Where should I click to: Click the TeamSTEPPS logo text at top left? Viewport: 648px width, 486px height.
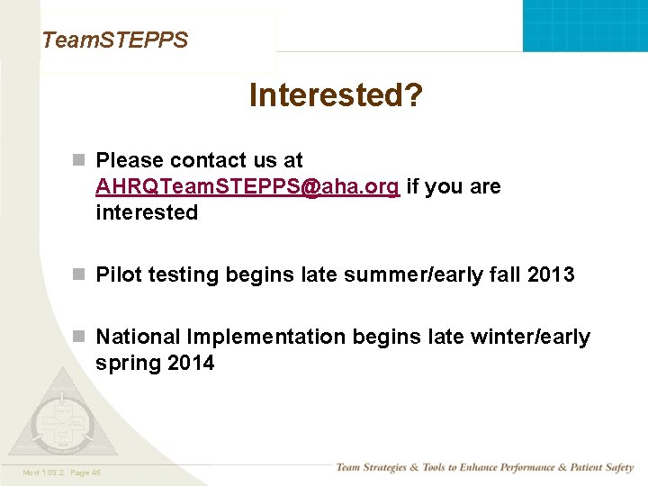115,40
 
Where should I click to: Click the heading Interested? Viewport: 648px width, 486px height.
335,95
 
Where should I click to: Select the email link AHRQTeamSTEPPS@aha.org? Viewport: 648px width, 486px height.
247,187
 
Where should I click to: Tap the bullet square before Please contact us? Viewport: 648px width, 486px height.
79,160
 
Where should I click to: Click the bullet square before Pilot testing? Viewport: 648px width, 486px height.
79,274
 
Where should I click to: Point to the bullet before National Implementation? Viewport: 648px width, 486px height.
79,337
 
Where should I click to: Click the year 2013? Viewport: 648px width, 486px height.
551,274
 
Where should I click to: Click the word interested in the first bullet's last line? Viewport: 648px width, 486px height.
147,212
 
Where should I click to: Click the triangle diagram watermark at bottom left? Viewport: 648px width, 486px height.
63,418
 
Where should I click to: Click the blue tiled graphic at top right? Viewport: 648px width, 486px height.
585,25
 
